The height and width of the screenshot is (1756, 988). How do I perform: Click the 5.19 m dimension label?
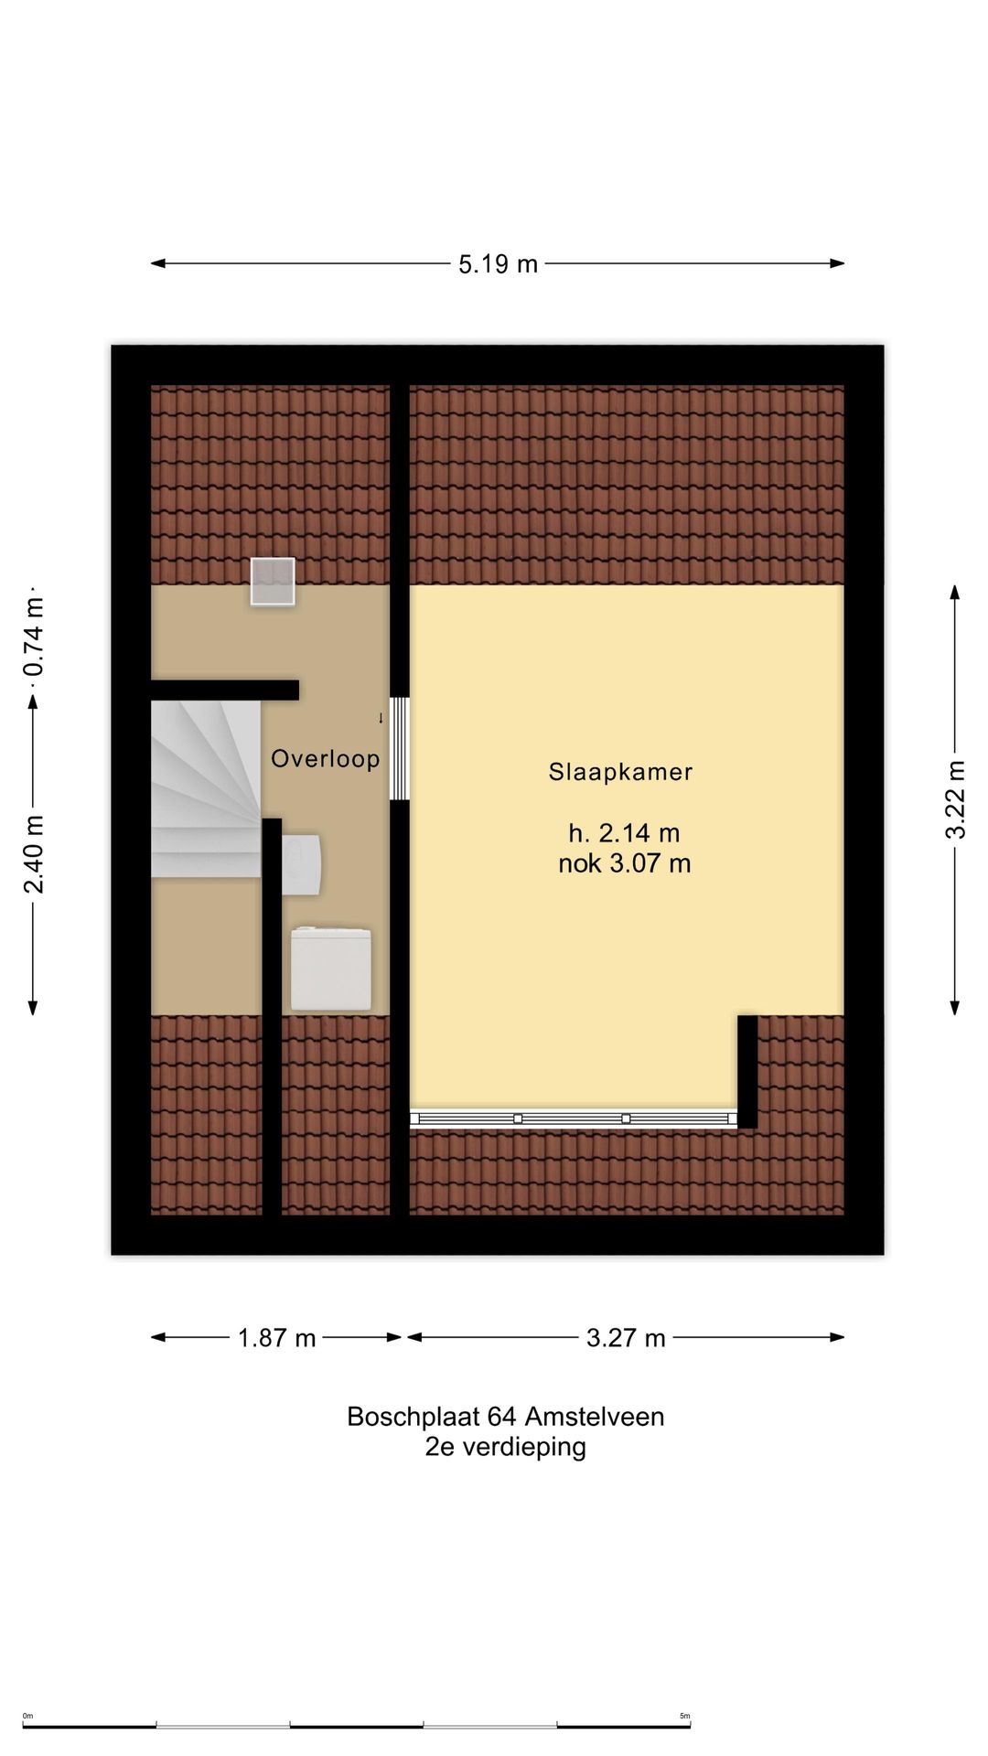498,264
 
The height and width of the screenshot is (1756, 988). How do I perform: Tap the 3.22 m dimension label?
955,798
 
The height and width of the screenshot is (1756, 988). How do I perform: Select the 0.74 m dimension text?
34,637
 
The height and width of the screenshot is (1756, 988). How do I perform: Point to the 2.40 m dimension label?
34,854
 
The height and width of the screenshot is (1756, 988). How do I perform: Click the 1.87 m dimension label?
276,1338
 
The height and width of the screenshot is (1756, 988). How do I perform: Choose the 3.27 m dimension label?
626,1338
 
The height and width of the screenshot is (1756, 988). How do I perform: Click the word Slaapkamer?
620,772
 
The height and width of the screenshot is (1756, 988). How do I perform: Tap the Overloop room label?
325,758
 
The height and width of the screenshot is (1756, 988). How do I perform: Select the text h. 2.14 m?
624,833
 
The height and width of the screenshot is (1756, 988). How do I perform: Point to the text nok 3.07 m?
624,863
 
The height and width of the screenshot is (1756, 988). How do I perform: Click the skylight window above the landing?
273,582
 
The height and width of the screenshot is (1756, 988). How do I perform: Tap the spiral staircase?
205,789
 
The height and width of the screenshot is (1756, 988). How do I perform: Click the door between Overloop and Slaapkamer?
399,748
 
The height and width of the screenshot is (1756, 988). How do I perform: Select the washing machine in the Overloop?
331,969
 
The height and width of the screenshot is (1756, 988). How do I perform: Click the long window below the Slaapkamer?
573,1119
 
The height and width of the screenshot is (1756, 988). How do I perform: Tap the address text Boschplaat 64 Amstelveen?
505,1417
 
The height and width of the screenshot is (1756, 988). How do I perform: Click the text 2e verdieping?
505,1447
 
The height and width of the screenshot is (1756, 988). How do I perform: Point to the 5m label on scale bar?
684,1716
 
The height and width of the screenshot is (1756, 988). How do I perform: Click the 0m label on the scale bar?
27,1716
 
